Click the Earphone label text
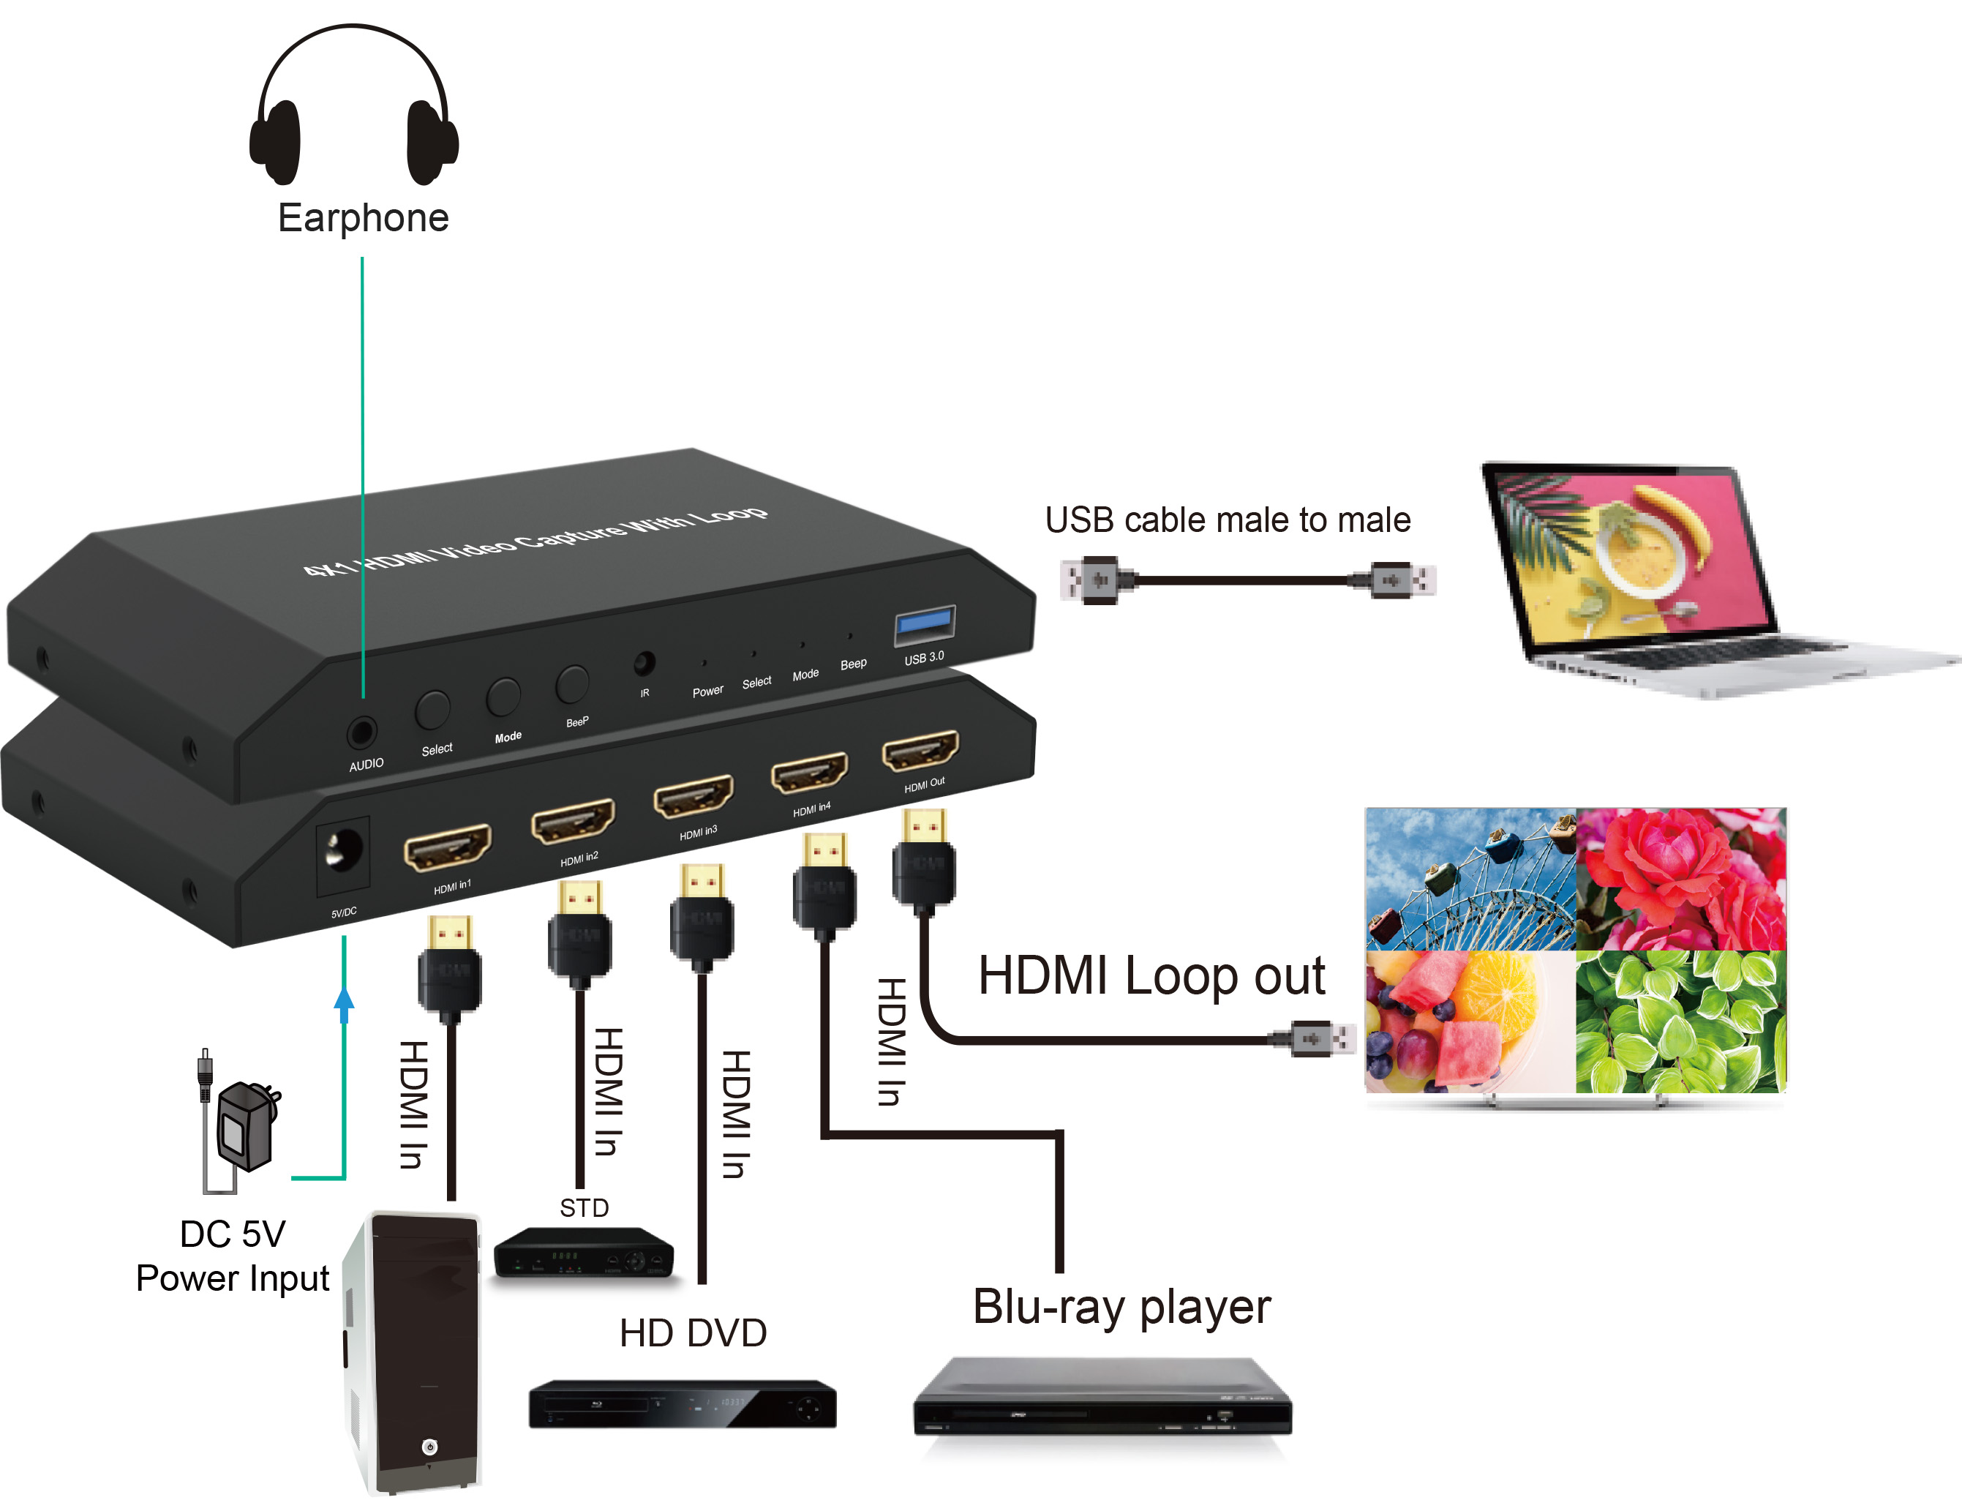[363, 218]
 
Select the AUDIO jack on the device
[361, 732]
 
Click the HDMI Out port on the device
[920, 750]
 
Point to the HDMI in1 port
[448, 846]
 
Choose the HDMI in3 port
[693, 796]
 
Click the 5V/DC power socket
[342, 852]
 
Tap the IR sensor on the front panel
[643, 664]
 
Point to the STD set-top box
[584, 1253]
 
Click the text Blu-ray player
[1121, 1307]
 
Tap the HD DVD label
[693, 1333]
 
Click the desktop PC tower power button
[429, 1447]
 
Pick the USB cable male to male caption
[1227, 520]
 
